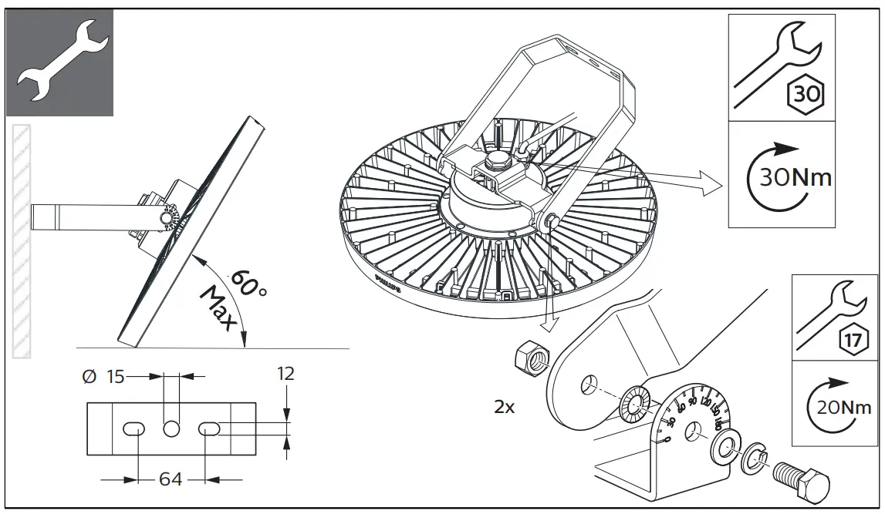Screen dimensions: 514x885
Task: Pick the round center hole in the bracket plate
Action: [x=171, y=428]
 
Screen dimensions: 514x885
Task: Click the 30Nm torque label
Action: [x=795, y=178]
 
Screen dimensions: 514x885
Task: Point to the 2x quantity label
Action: [x=504, y=408]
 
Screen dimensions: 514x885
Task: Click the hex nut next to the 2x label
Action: [x=530, y=358]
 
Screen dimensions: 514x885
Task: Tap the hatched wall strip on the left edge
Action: [x=22, y=239]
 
